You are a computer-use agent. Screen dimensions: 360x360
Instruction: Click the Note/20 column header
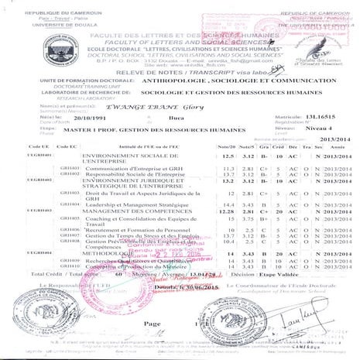[x=228, y=146]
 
